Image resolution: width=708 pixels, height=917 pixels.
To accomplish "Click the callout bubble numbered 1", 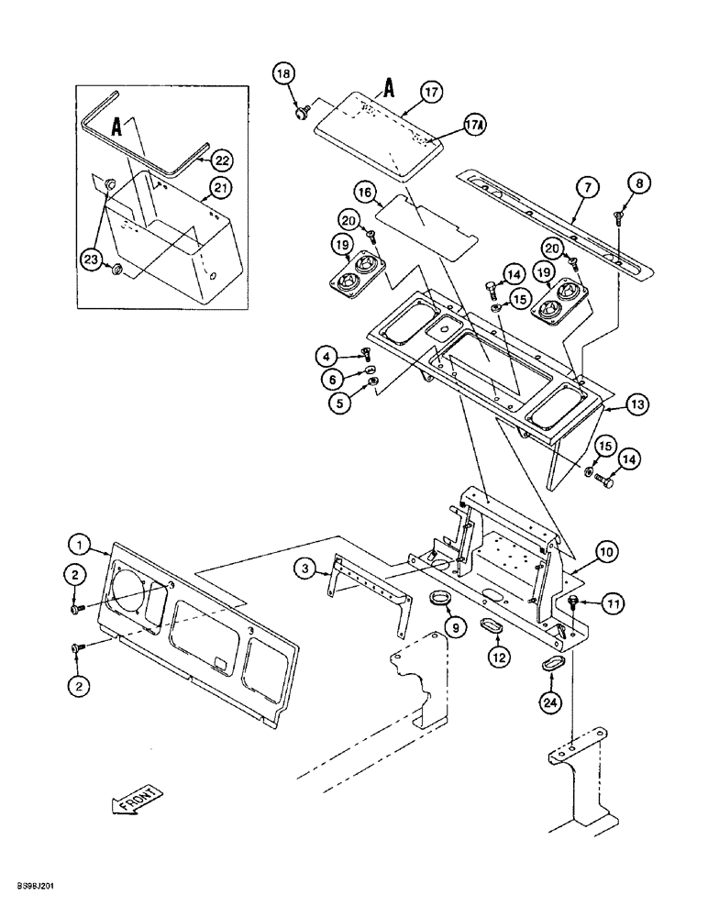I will [83, 547].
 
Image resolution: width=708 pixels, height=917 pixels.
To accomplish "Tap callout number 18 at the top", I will [283, 73].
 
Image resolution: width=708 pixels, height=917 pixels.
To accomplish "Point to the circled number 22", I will [221, 160].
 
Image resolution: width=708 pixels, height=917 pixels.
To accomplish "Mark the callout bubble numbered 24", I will [549, 704].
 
